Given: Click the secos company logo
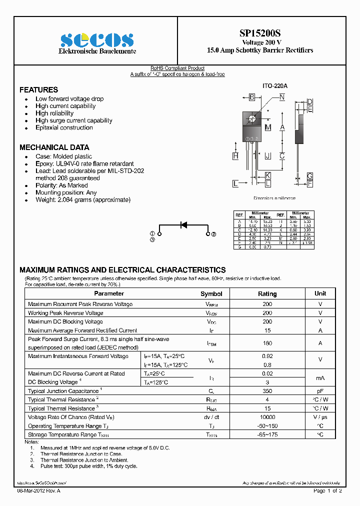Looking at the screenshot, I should coord(97,39).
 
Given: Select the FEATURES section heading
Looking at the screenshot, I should coord(38,90).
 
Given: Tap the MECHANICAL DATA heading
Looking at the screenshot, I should coord(54,147).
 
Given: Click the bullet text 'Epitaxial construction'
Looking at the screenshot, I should coord(64,127).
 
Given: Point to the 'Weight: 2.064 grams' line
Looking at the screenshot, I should coord(82,199).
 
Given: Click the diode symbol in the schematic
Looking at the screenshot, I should coord(183,225).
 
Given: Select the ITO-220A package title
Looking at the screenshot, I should coord(275,85).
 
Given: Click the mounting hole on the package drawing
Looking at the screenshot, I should coord(252,119).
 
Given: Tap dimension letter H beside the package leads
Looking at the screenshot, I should coord(235,156).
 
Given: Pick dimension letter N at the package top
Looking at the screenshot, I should coord(282,97).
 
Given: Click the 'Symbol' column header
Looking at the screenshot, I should coord(211,294).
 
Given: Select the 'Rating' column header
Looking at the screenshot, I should coord(267,294).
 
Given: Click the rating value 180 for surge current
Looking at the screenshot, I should coord(267,343).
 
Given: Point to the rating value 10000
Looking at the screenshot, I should coord(267,417).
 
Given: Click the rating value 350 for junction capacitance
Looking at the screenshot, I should coord(267,391).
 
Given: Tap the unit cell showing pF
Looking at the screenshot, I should coord(320,391).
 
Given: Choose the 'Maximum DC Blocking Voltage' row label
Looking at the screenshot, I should coord(65,321).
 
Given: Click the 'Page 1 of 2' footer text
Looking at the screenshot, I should coord(327,491).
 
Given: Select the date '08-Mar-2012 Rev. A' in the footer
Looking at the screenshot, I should coord(38,491).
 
